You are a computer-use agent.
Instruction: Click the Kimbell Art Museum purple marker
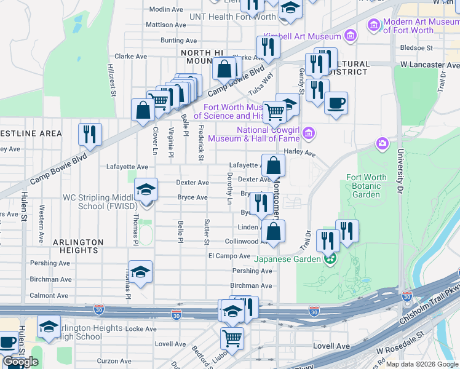tap(351, 35)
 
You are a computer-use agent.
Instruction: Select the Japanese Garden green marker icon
tap(330, 259)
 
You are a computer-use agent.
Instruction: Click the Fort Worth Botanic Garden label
tap(367, 186)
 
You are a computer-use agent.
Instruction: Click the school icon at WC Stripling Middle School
tap(146, 189)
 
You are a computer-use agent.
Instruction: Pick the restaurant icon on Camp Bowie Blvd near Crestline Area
tap(90, 134)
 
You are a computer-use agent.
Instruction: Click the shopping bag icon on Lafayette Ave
tap(273, 165)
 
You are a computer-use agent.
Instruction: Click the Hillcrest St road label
tap(113, 81)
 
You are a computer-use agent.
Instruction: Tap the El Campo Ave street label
tap(229, 256)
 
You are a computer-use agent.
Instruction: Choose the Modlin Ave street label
tap(167, 9)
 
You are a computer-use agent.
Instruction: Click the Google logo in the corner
tap(20, 362)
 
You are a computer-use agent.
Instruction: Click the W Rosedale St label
tap(401, 352)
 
